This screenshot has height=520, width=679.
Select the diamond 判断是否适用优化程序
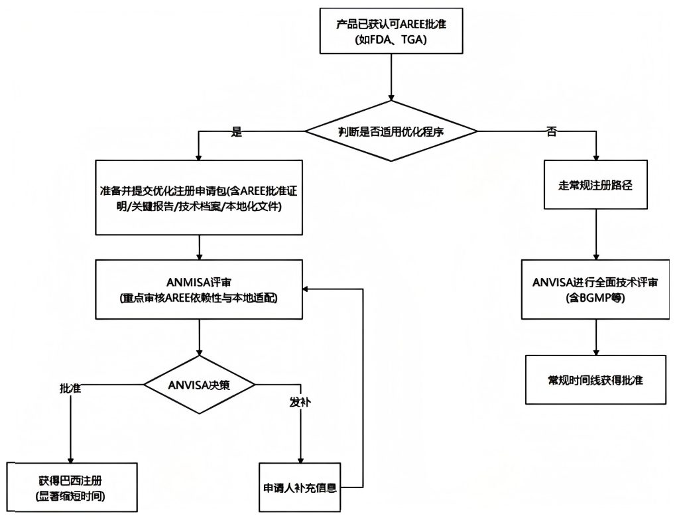[x=391, y=131]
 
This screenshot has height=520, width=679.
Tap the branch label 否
[x=551, y=131]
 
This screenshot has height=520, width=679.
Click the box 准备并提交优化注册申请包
[x=199, y=198]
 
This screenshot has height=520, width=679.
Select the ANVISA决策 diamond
[x=199, y=384]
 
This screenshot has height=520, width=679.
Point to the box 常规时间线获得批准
[x=595, y=380]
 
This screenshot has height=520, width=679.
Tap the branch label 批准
[x=70, y=388]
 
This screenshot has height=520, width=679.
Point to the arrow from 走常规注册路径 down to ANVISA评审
[x=595, y=236]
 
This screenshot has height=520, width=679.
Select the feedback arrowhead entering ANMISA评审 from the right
[x=307, y=289]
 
